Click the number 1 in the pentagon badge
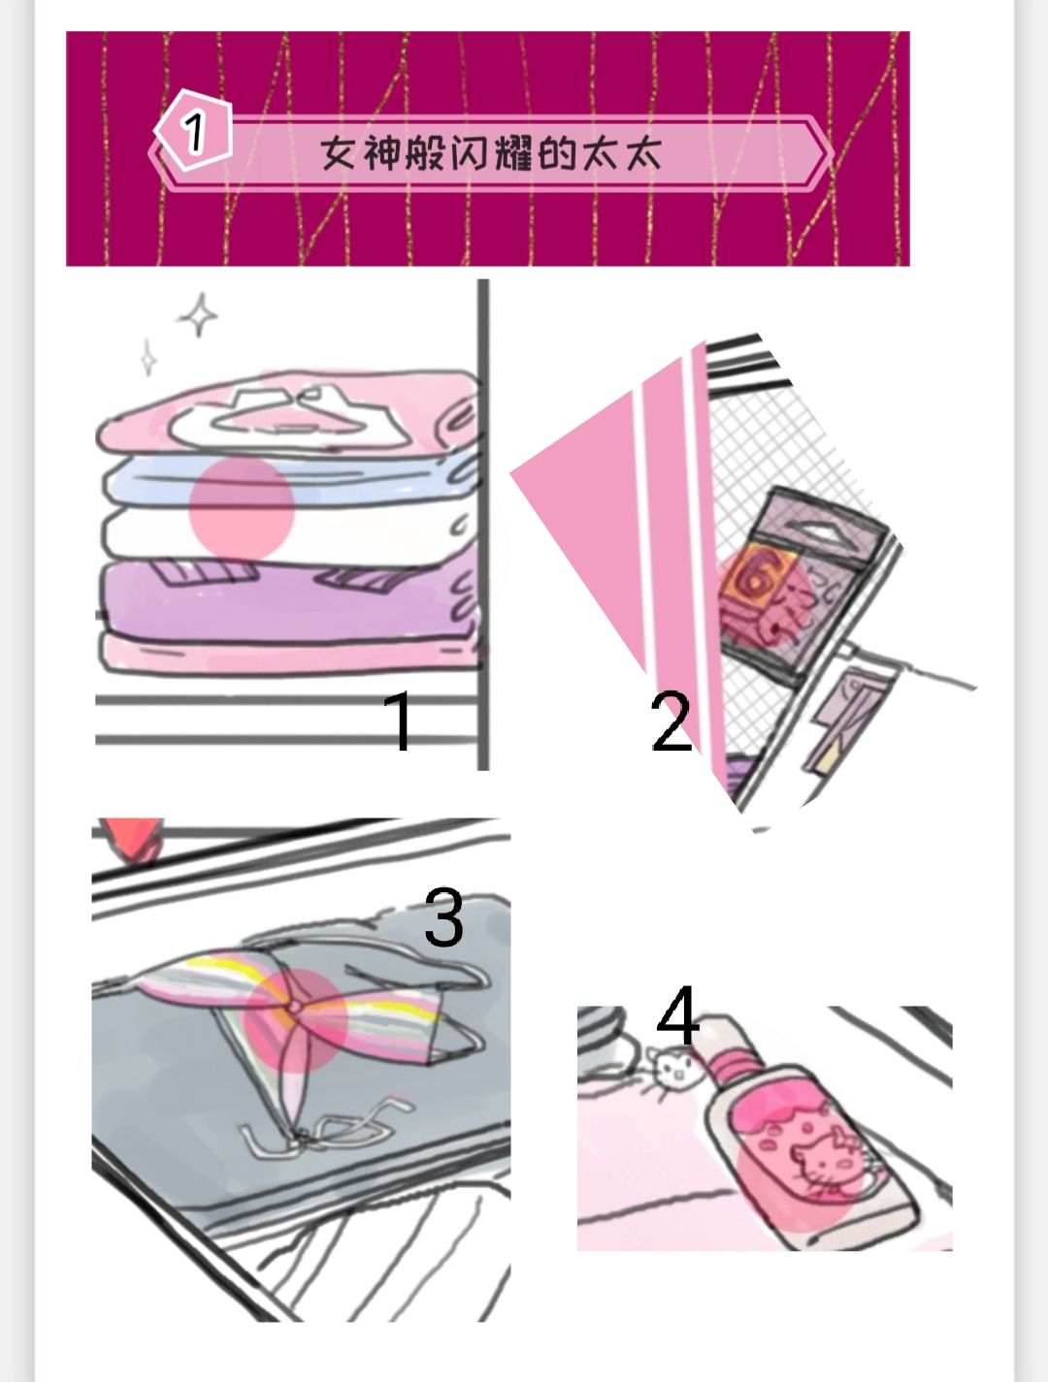tap(194, 132)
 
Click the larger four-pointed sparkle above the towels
tap(199, 315)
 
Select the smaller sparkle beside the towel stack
tap(148, 358)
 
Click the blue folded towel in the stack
tap(290, 482)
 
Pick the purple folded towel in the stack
tap(290, 598)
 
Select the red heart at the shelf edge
tap(134, 839)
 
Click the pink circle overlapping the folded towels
tap(243, 507)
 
